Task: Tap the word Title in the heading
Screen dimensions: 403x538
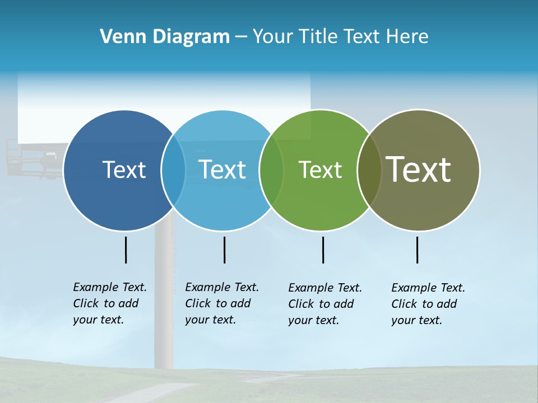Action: [321, 37]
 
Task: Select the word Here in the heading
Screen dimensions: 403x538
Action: [407, 37]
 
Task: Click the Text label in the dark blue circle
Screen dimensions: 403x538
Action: [124, 170]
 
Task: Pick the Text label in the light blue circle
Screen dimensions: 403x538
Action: [222, 170]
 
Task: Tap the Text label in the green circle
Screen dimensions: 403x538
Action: [320, 170]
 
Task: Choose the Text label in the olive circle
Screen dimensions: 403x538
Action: [419, 169]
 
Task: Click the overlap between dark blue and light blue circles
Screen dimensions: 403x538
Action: [174, 170]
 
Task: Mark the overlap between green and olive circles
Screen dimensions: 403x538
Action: [369, 170]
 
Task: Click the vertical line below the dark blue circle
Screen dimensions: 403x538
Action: [126, 250]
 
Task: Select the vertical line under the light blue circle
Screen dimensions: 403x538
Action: [224, 250]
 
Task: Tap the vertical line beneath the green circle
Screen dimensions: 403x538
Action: [323, 250]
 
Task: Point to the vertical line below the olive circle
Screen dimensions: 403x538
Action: [417, 250]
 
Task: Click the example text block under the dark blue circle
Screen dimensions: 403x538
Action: [109, 303]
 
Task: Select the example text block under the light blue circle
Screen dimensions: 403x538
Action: [221, 303]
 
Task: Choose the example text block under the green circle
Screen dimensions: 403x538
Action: [324, 304]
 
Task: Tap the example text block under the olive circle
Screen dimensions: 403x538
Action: [428, 304]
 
